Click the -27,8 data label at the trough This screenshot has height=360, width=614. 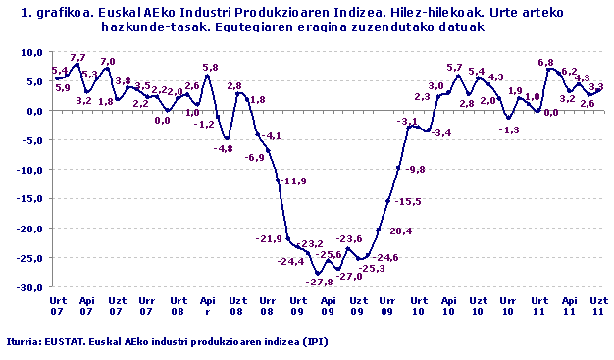pos(320,283)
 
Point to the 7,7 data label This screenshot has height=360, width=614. pos(77,58)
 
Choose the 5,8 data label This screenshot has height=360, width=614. pos(210,67)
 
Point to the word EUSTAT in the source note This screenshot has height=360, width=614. pos(64,341)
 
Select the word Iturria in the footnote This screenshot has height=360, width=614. pos(23,341)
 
